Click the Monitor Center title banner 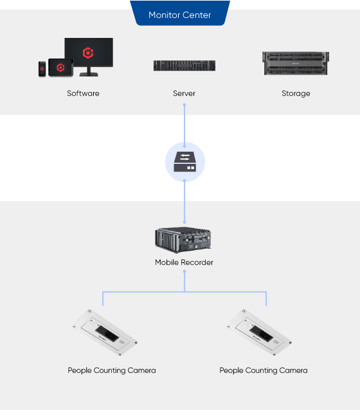[x=180, y=13]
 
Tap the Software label [x=83, y=93]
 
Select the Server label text [x=184, y=93]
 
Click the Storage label [x=296, y=94]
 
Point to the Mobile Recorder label [x=184, y=262]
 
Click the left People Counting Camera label [x=112, y=371]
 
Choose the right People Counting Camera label [x=264, y=371]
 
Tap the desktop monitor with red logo [x=89, y=57]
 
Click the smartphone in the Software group [x=42, y=69]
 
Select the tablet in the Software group [x=60, y=67]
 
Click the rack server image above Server [x=184, y=66]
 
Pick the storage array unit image [x=296, y=63]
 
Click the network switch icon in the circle [x=185, y=162]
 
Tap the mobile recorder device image [x=183, y=240]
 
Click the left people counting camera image [x=105, y=332]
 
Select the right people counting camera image [x=259, y=332]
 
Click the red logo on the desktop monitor [x=88, y=53]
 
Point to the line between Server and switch [x=184, y=125]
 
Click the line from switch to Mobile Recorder [x=184, y=201]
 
